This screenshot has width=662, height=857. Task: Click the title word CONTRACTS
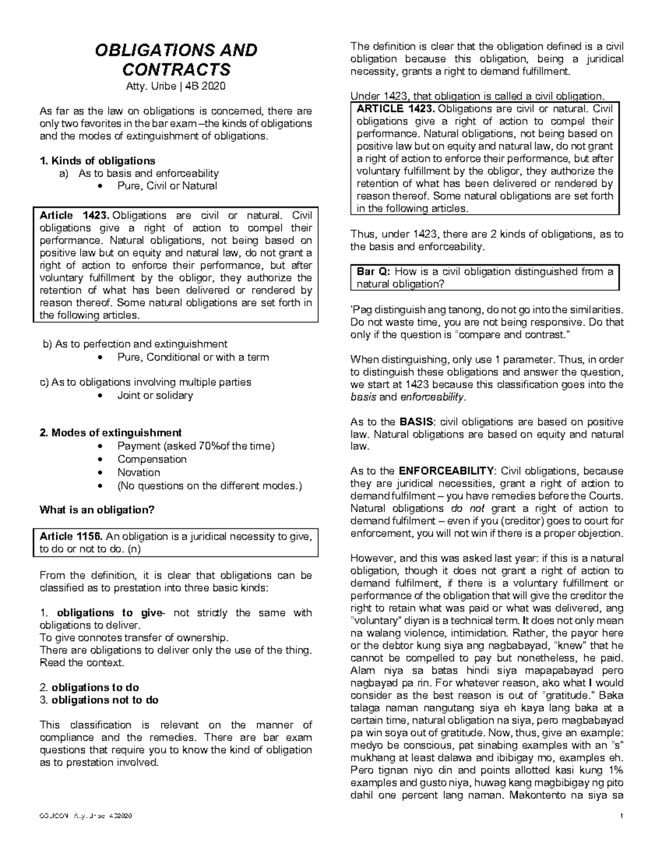(x=176, y=70)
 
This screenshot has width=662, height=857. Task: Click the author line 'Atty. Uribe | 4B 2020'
(x=176, y=87)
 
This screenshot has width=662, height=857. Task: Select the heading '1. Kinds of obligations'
(x=97, y=161)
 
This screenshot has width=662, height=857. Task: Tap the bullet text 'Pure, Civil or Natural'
(x=167, y=186)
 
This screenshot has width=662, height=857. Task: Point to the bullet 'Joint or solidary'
(x=155, y=395)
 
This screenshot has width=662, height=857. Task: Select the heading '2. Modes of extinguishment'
(x=110, y=433)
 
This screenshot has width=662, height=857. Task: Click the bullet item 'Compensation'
(x=152, y=459)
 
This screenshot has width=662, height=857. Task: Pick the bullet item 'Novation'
(x=138, y=472)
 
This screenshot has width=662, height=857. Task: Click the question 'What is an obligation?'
(x=97, y=510)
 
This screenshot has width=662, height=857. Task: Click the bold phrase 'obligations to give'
(x=108, y=613)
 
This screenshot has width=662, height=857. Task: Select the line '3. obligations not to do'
(x=99, y=700)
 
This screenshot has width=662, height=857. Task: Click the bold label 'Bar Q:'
(x=373, y=272)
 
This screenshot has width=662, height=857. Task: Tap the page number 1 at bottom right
(x=621, y=816)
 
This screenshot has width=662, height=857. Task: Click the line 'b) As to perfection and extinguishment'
(x=135, y=344)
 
